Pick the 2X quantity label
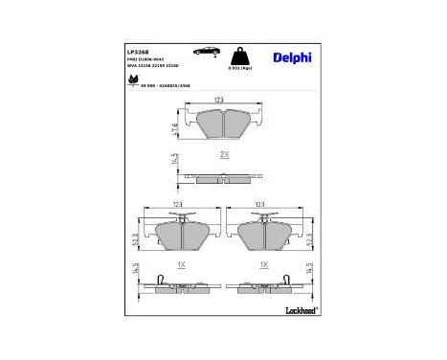click(223, 155)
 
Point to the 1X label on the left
click(180, 260)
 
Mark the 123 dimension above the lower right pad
click(260, 203)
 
